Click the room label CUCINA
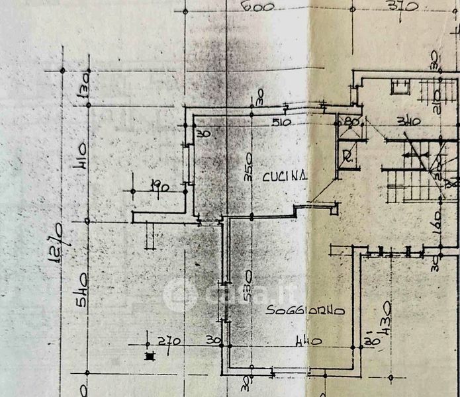[285, 176]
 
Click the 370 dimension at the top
[402, 7]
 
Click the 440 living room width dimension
[308, 342]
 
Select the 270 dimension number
[170, 342]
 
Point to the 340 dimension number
[409, 121]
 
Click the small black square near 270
[148, 356]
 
